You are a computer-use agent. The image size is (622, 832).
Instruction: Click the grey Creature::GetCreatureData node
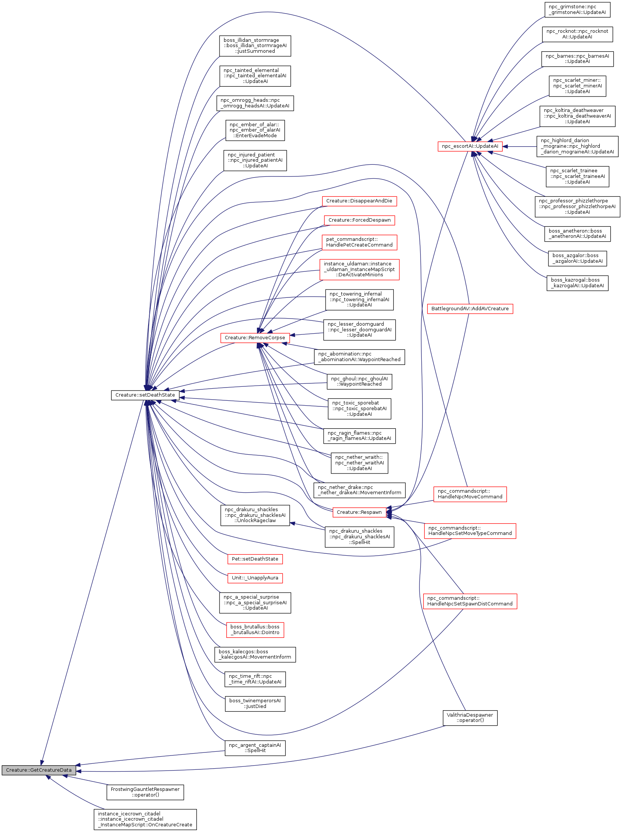[x=38, y=770]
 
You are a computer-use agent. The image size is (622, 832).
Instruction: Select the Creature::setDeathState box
[x=145, y=395]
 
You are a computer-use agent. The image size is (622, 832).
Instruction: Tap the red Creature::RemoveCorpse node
[x=255, y=337]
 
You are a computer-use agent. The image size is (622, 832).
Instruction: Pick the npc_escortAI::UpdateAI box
[x=470, y=146]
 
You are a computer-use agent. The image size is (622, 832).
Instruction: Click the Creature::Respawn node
[x=359, y=512]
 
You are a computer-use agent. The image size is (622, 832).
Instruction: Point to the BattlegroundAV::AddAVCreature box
[x=470, y=309]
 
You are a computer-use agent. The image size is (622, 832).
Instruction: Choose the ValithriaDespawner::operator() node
[x=470, y=717]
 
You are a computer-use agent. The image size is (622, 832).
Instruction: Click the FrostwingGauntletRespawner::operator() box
[x=145, y=792]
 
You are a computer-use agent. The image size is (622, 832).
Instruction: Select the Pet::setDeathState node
[x=255, y=559]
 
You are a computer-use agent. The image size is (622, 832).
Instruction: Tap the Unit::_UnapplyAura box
[x=255, y=578]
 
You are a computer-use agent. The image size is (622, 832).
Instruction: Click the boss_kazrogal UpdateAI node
[x=577, y=283]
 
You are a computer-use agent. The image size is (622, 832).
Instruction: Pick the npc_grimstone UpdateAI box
[x=577, y=9]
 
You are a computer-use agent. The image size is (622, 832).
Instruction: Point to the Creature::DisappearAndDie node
[x=359, y=201]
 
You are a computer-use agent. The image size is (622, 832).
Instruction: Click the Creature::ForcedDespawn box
[x=359, y=220]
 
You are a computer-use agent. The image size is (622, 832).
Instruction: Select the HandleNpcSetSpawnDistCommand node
[x=470, y=601]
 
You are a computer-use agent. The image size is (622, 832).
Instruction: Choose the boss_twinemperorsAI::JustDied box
[x=255, y=703]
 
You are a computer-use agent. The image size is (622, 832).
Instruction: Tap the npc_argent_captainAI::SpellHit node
[x=255, y=748]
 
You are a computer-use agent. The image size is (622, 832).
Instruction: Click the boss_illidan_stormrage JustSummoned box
[x=255, y=46]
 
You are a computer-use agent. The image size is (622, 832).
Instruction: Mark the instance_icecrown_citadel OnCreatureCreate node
[x=145, y=819]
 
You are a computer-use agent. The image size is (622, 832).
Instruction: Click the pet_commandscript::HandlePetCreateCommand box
[x=359, y=242]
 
